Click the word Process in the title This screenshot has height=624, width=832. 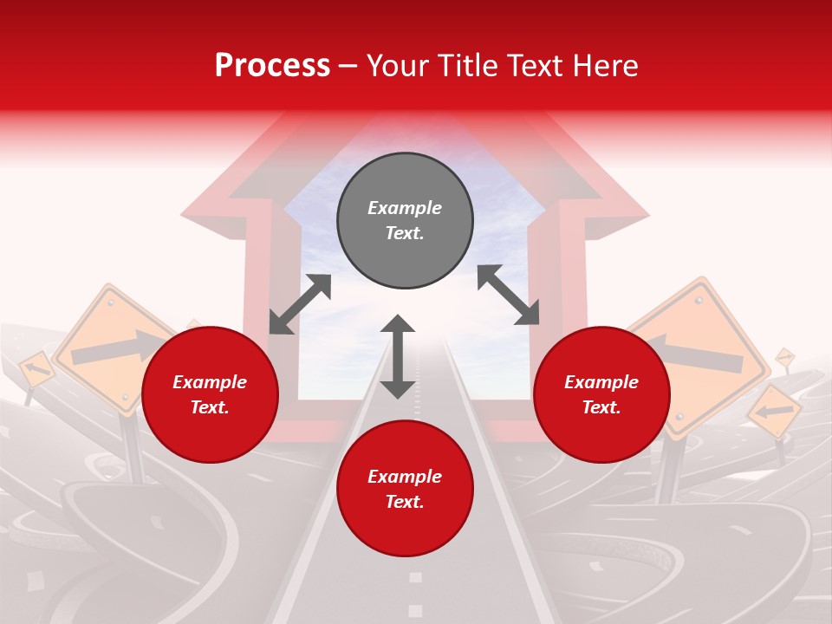(272, 66)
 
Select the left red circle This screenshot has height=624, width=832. (210, 394)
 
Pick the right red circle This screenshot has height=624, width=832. (601, 394)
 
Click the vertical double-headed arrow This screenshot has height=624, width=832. (398, 356)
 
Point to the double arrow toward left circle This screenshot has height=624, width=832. (300, 304)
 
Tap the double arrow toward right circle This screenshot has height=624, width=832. (508, 295)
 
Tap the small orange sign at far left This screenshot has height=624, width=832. (36, 370)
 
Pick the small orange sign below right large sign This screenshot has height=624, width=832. (774, 411)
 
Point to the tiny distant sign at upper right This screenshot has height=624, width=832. (784, 356)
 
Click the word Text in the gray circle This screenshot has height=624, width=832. (405, 233)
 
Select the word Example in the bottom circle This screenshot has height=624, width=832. (405, 476)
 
